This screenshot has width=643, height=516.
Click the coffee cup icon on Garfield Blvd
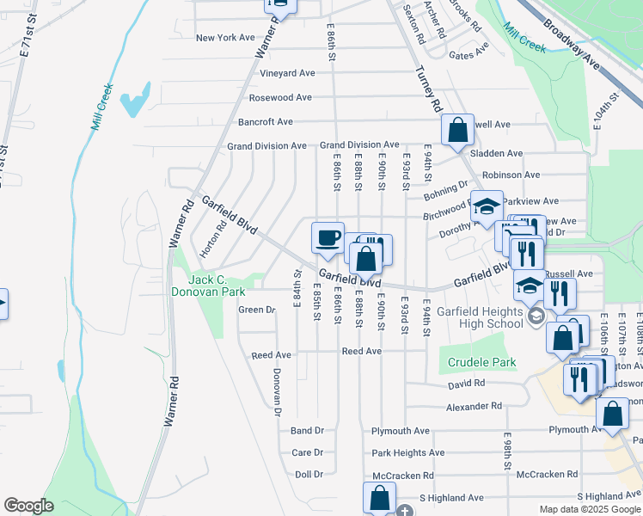click(x=327, y=238)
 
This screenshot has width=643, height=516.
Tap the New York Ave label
click(x=225, y=38)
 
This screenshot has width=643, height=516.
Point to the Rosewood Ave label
click(x=279, y=98)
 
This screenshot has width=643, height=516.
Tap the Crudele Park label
click(x=481, y=363)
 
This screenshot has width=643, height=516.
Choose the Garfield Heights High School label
click(x=480, y=317)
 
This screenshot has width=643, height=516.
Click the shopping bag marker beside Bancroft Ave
click(x=458, y=131)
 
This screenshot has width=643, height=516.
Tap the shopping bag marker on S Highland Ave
click(x=379, y=496)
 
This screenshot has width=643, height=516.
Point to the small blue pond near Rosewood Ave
click(x=135, y=101)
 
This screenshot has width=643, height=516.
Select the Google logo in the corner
click(x=28, y=506)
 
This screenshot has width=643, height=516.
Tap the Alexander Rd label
click(x=473, y=406)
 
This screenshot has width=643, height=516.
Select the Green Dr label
click(x=256, y=310)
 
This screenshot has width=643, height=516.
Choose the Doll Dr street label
click(x=309, y=475)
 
